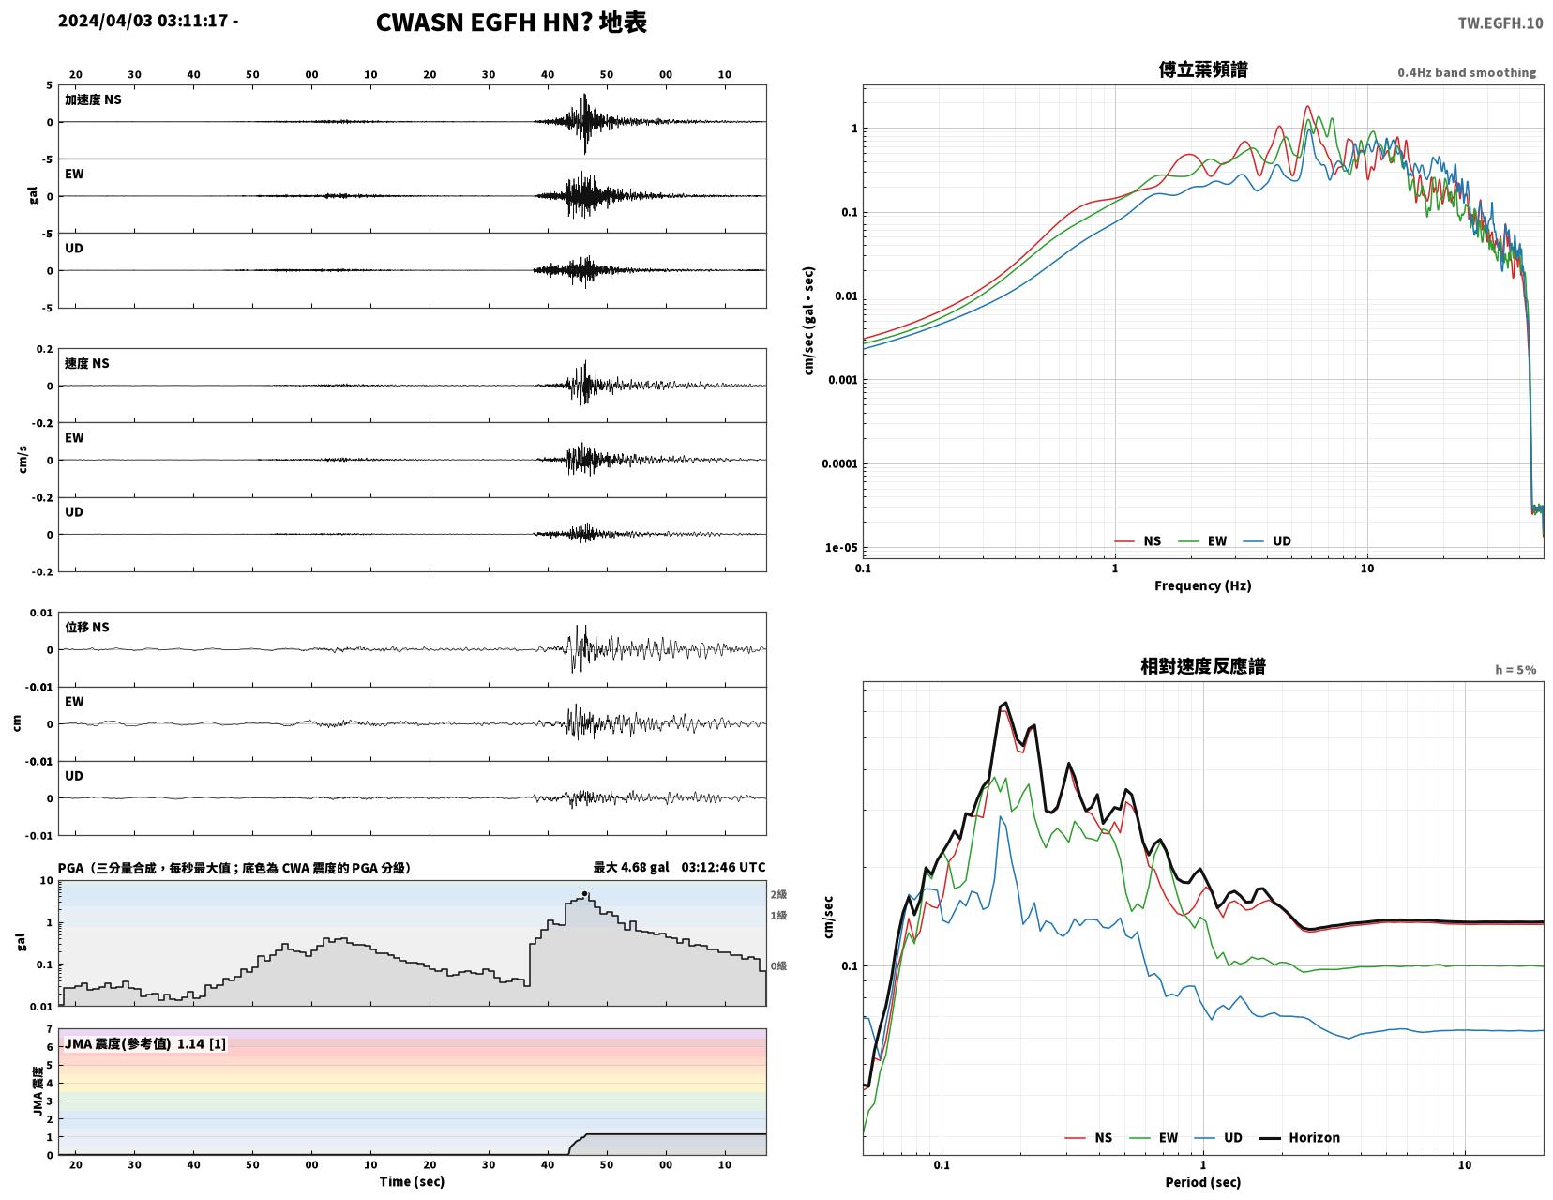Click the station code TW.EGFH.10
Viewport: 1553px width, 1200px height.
(x=1500, y=23)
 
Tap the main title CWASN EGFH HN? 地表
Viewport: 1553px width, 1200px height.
(x=511, y=23)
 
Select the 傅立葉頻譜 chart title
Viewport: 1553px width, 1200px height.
(x=1203, y=69)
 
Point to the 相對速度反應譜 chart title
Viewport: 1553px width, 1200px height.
(x=1203, y=666)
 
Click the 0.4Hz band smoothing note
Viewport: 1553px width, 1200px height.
(x=1467, y=72)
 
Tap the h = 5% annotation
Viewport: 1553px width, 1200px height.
(x=1515, y=670)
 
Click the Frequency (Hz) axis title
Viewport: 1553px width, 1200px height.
(x=1203, y=585)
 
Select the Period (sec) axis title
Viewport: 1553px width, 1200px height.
(x=1203, y=1182)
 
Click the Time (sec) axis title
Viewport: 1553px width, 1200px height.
(x=412, y=1181)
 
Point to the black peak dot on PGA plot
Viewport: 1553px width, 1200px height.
(x=584, y=893)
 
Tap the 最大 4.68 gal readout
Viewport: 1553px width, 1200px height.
(x=631, y=867)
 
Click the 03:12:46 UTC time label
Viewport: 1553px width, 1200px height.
(x=723, y=867)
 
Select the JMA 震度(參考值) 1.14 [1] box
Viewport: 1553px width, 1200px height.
(x=145, y=1043)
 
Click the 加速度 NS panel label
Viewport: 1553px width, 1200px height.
(x=93, y=99)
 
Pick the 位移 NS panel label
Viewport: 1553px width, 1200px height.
(x=87, y=627)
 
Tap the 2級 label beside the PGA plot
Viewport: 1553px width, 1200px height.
(x=778, y=894)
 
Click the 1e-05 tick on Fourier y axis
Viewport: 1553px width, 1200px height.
(x=841, y=548)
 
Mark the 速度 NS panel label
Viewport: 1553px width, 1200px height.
(x=87, y=363)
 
